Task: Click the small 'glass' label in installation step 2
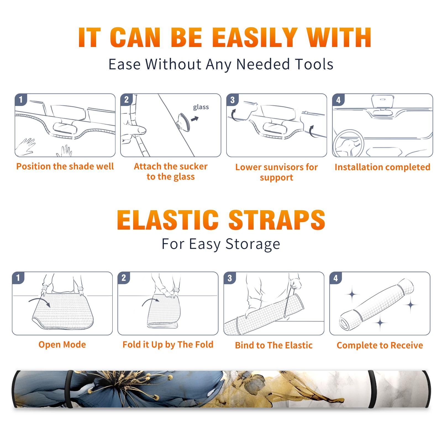(x=201, y=107)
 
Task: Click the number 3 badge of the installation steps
(x=232, y=100)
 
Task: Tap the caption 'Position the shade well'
(x=65, y=166)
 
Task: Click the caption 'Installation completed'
(x=382, y=167)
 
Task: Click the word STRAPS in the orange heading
(x=277, y=220)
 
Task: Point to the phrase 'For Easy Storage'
(x=221, y=244)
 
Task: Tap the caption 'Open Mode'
(x=62, y=344)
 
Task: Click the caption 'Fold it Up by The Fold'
(x=168, y=345)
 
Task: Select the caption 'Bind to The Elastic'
(x=274, y=345)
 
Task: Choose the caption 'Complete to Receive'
(x=380, y=345)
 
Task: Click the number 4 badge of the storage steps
(x=336, y=278)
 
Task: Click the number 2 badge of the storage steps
(x=124, y=278)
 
